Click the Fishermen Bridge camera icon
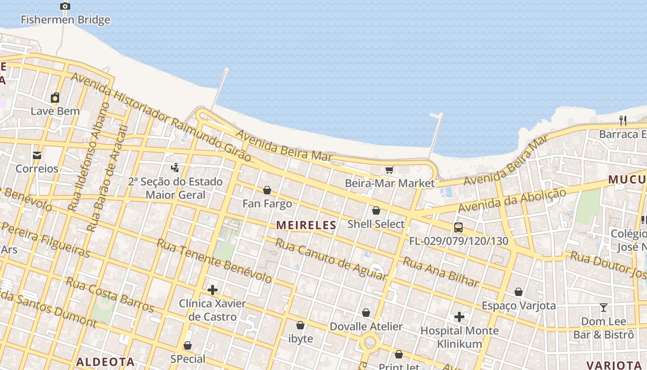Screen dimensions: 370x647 coord(65,6)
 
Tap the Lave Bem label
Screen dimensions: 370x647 coord(55,111)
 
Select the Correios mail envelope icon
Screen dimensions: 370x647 coord(37,155)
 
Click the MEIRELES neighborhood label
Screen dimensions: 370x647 coord(306,226)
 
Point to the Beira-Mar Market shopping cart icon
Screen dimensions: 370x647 coord(390,170)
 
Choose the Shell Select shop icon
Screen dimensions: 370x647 coord(376,211)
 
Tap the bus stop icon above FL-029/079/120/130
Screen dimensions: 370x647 coord(458,228)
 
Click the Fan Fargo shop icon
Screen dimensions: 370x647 coord(267,190)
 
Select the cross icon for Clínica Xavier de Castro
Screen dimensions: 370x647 coord(213,290)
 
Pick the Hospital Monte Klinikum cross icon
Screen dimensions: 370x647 coord(459,317)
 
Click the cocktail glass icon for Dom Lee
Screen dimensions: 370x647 coord(603,308)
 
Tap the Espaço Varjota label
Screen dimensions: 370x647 coord(519,306)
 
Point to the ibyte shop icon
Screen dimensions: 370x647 coord(300,325)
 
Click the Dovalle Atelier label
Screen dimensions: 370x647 coord(366,327)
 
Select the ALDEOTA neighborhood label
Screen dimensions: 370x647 coord(105,362)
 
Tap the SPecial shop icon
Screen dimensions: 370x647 coord(188,346)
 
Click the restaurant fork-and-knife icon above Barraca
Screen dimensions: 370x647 coord(623,121)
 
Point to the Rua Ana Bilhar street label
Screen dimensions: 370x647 coord(441,272)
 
